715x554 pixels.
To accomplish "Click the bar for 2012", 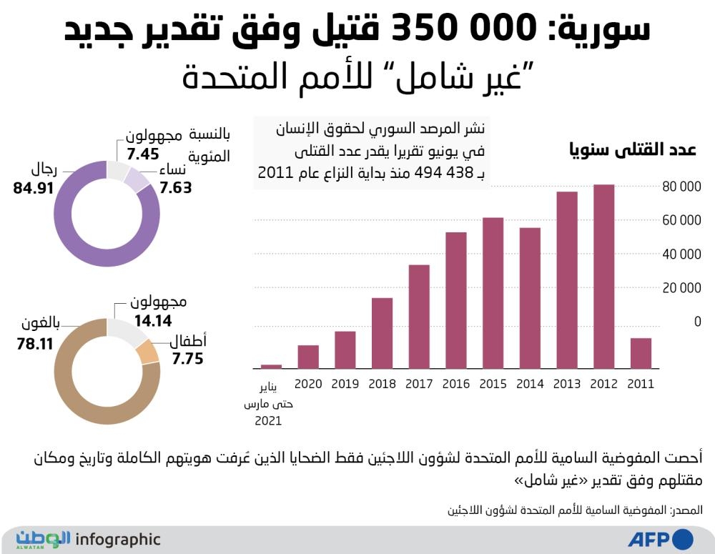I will coord(604,276).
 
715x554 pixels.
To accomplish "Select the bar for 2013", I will coord(567,280).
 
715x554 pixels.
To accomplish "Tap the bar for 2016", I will coord(456,300).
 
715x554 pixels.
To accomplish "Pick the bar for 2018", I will coord(383,332).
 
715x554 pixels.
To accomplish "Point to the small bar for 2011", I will coord(641,352).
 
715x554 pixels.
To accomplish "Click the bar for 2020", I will coord(308,356).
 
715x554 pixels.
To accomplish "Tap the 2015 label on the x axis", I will coord(493,384).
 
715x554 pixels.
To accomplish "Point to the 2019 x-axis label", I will coord(345,384).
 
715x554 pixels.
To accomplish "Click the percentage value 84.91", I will coord(34,190).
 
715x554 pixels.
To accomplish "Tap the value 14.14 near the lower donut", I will coord(152,321).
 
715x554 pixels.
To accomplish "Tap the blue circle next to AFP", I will coord(683,538).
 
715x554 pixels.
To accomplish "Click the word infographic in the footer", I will coord(117,540).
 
